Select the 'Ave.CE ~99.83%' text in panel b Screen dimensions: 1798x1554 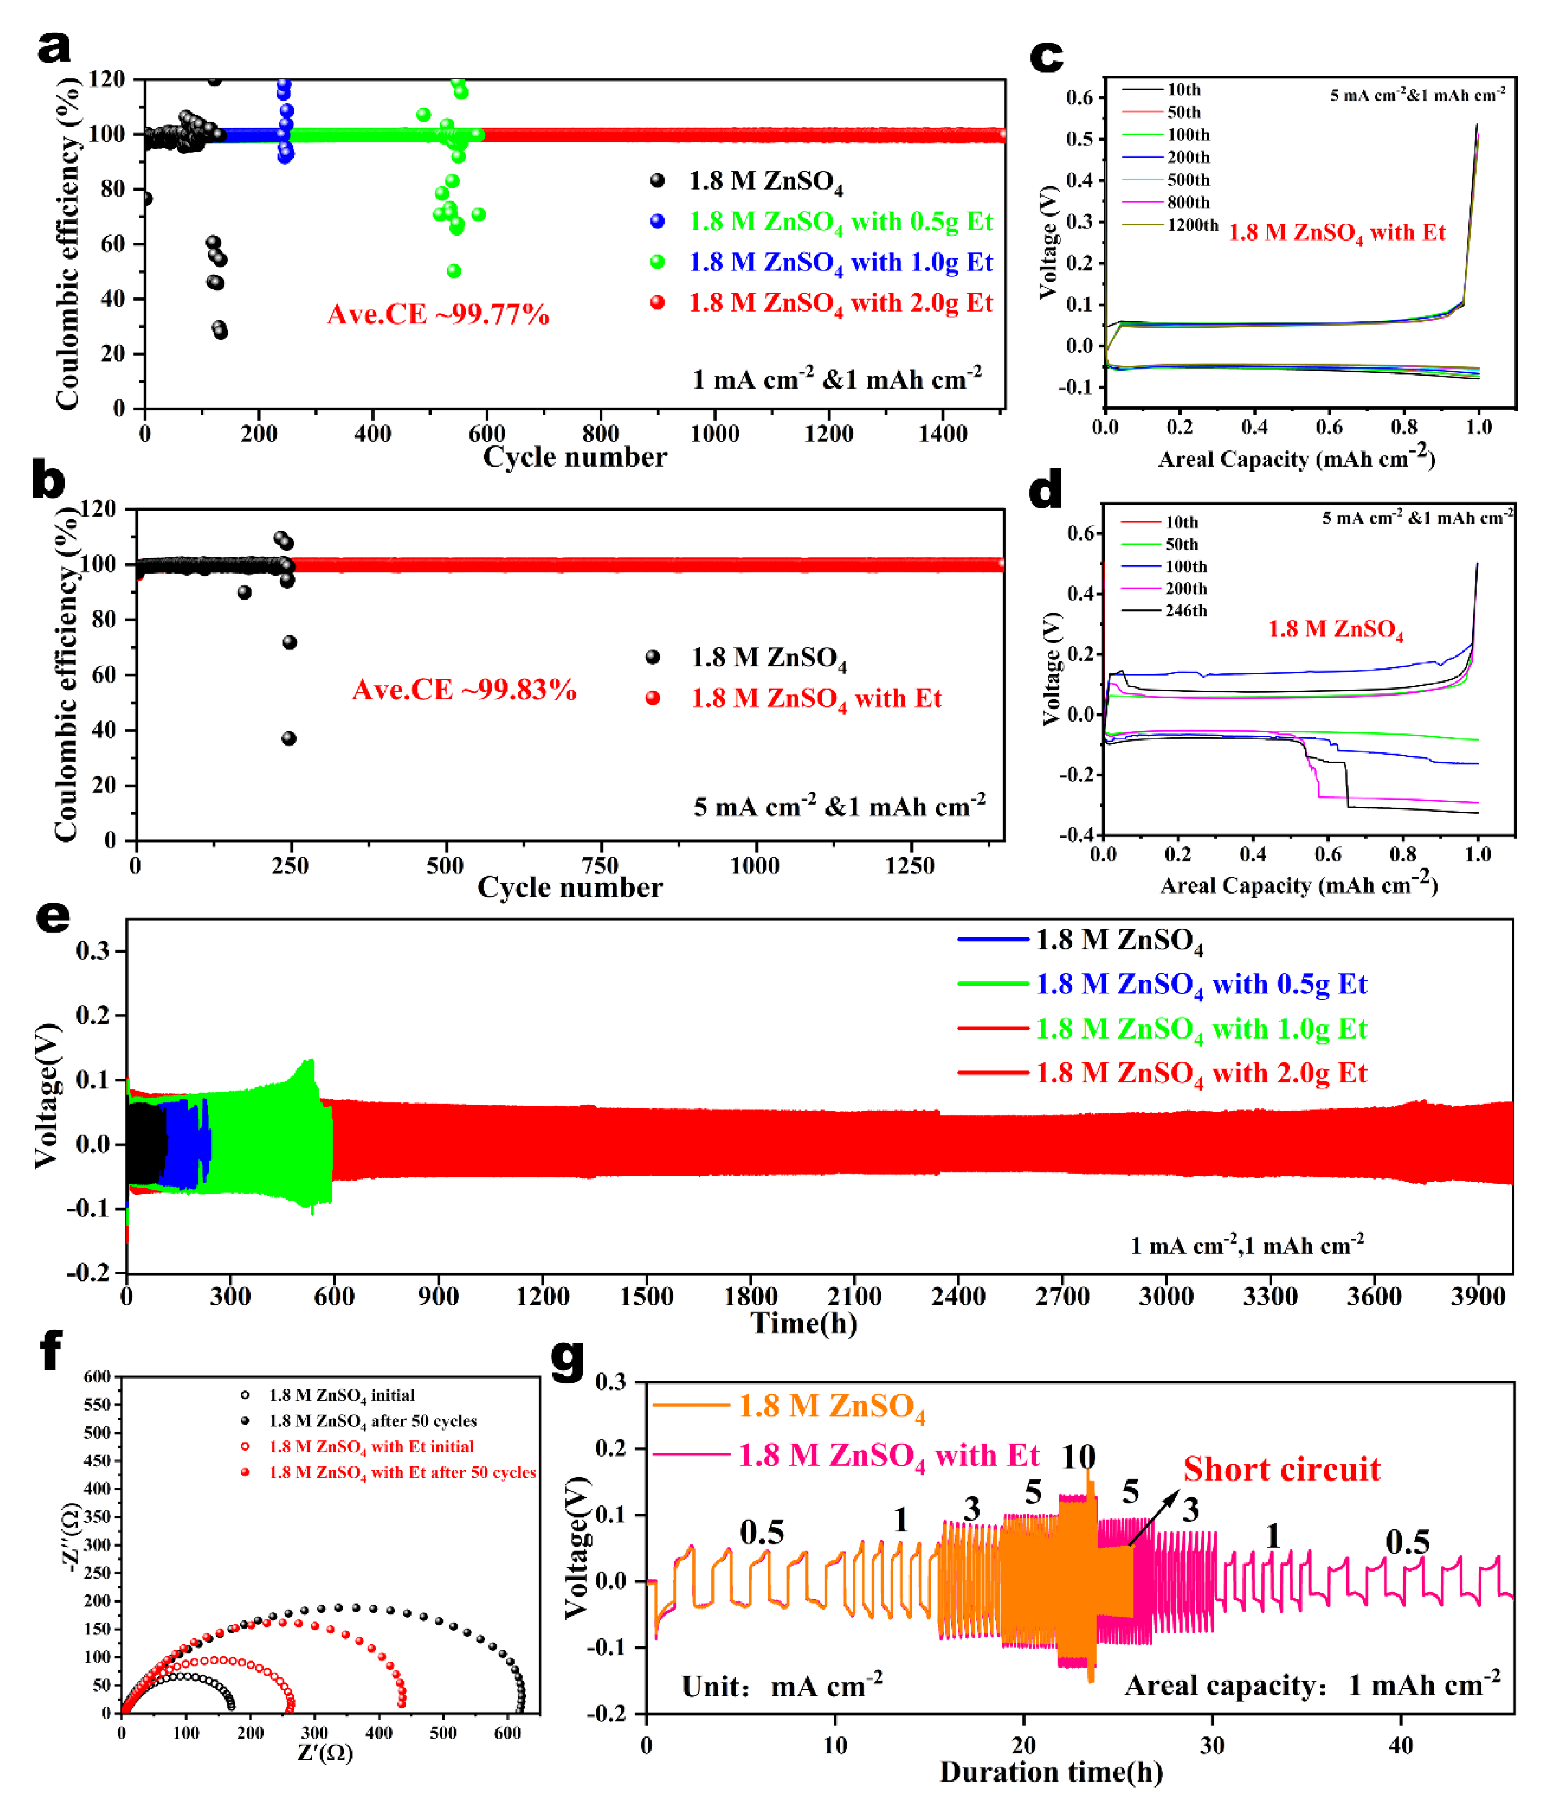click(464, 690)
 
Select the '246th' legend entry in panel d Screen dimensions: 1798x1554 click(1185, 611)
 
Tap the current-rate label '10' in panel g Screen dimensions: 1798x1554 click(1079, 1457)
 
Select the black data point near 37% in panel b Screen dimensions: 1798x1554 click(289, 739)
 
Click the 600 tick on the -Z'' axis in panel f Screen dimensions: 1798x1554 click(97, 1377)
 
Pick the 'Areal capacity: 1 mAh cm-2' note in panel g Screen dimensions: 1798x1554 click(1312, 1685)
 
